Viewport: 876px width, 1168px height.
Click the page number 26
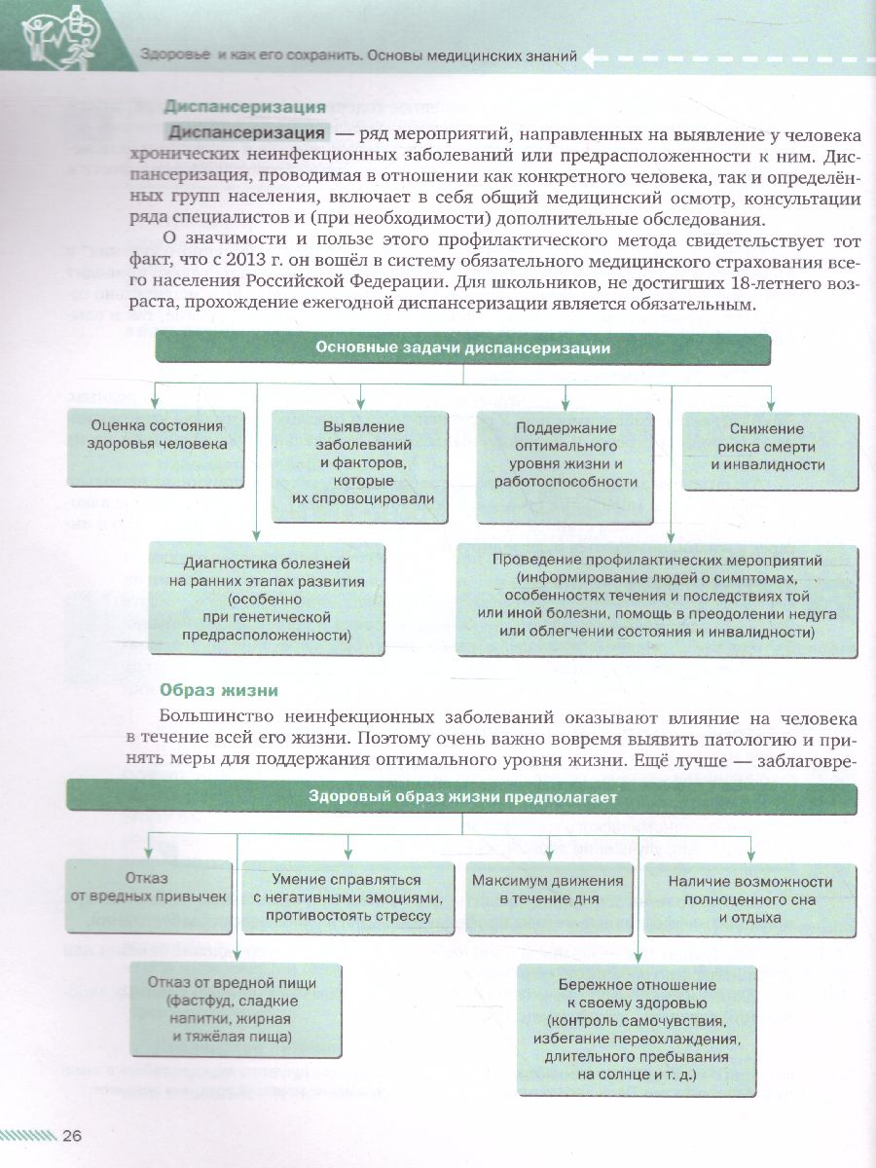[x=72, y=1135]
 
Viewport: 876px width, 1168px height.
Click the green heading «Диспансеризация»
[x=244, y=107]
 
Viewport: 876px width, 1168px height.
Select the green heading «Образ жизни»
[x=219, y=690]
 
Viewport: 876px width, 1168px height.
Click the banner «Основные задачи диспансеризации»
[x=462, y=348]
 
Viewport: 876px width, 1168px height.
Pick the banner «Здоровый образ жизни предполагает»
[x=461, y=797]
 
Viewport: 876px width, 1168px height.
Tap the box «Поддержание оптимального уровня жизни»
[x=566, y=455]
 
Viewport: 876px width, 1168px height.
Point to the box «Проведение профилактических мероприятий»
[x=657, y=596]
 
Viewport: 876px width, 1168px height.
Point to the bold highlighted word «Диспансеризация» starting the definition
[x=245, y=133]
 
